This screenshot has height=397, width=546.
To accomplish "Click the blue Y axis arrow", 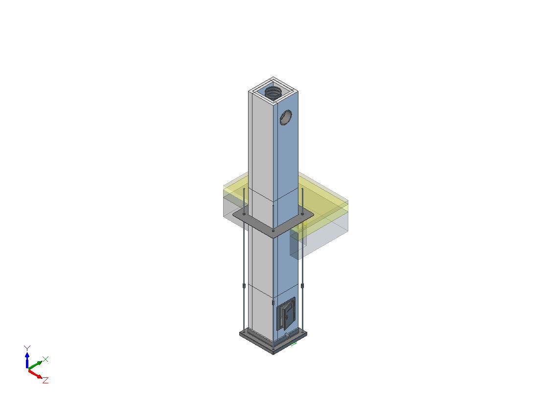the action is click(27, 359).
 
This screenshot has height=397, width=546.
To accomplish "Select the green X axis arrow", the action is click(35, 365).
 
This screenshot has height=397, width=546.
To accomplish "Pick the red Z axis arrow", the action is click(35, 374).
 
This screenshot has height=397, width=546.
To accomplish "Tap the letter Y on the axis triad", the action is click(27, 348).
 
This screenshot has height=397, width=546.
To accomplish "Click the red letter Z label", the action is click(45, 380).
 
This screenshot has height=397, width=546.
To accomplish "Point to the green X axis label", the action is click(45, 359).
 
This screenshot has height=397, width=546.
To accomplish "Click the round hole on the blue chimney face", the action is click(286, 117).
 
